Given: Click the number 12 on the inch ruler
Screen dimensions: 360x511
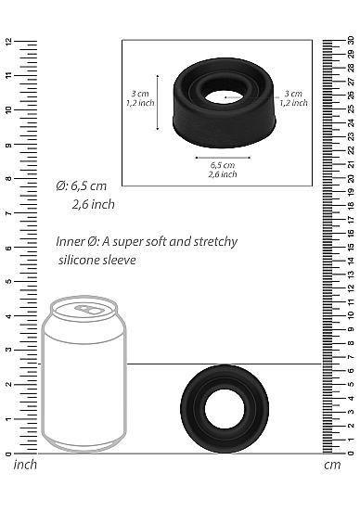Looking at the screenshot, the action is [8, 42].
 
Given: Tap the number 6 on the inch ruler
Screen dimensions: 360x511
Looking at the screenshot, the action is [8, 248].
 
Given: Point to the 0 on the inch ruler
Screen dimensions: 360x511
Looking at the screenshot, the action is [8, 454].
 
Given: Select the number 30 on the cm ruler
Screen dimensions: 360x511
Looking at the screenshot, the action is [351, 40].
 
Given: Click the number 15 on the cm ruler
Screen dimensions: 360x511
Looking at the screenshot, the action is [351, 247].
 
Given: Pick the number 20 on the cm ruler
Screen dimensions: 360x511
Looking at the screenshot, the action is [351, 178].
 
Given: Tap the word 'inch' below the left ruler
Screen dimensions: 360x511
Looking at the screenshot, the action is [25, 465].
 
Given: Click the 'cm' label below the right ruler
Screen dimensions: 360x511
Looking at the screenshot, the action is [332, 465].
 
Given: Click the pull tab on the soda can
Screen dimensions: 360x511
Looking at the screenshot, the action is [87, 309].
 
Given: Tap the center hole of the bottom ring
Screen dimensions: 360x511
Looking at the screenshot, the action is [225, 408].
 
